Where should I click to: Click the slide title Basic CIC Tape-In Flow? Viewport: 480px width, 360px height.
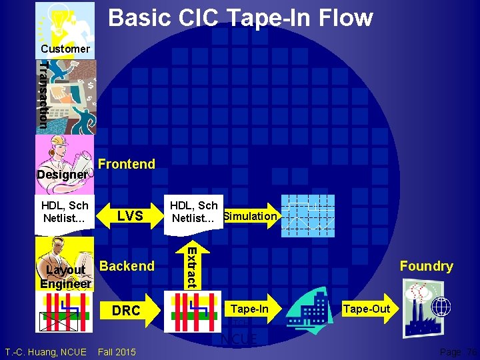point(240,18)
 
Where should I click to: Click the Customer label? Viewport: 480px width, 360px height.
point(65,49)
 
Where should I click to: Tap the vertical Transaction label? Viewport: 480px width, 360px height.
point(43,94)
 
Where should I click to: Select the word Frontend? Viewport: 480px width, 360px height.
point(126,164)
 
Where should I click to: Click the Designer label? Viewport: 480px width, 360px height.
point(61,175)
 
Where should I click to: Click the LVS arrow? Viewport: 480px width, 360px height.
point(129,216)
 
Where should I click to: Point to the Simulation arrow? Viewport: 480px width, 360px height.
point(250,216)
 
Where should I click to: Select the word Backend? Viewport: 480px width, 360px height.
point(127,266)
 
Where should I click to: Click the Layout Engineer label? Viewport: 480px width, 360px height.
point(65,277)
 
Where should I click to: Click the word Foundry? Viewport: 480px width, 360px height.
point(426,267)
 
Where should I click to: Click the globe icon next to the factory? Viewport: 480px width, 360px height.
point(441,306)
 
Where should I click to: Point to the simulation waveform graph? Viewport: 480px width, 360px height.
point(308,215)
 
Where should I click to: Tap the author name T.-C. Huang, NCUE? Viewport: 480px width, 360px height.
point(45,352)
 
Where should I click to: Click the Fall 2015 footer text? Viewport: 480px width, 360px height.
point(117,352)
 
